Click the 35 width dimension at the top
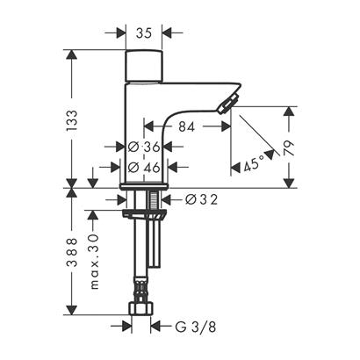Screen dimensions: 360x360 tap(144, 33)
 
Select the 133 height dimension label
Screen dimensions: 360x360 tap(72, 120)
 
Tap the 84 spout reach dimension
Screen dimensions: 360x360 tap(187, 126)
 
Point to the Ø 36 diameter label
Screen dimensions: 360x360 tap(144, 147)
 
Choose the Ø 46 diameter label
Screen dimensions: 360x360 tap(144, 167)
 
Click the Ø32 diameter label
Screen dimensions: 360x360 tap(201, 199)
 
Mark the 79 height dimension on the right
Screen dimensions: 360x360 tap(289, 148)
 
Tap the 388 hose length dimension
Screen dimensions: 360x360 tap(72, 252)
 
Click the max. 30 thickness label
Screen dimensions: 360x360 tap(94, 262)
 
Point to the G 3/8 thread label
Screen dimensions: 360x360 tap(196, 327)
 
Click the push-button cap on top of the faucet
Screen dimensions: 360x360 tap(144, 66)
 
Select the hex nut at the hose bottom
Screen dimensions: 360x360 tap(141, 308)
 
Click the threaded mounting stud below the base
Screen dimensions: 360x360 tap(154, 200)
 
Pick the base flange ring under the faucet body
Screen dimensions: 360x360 tap(143, 188)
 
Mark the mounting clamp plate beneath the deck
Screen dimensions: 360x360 tap(144, 214)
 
